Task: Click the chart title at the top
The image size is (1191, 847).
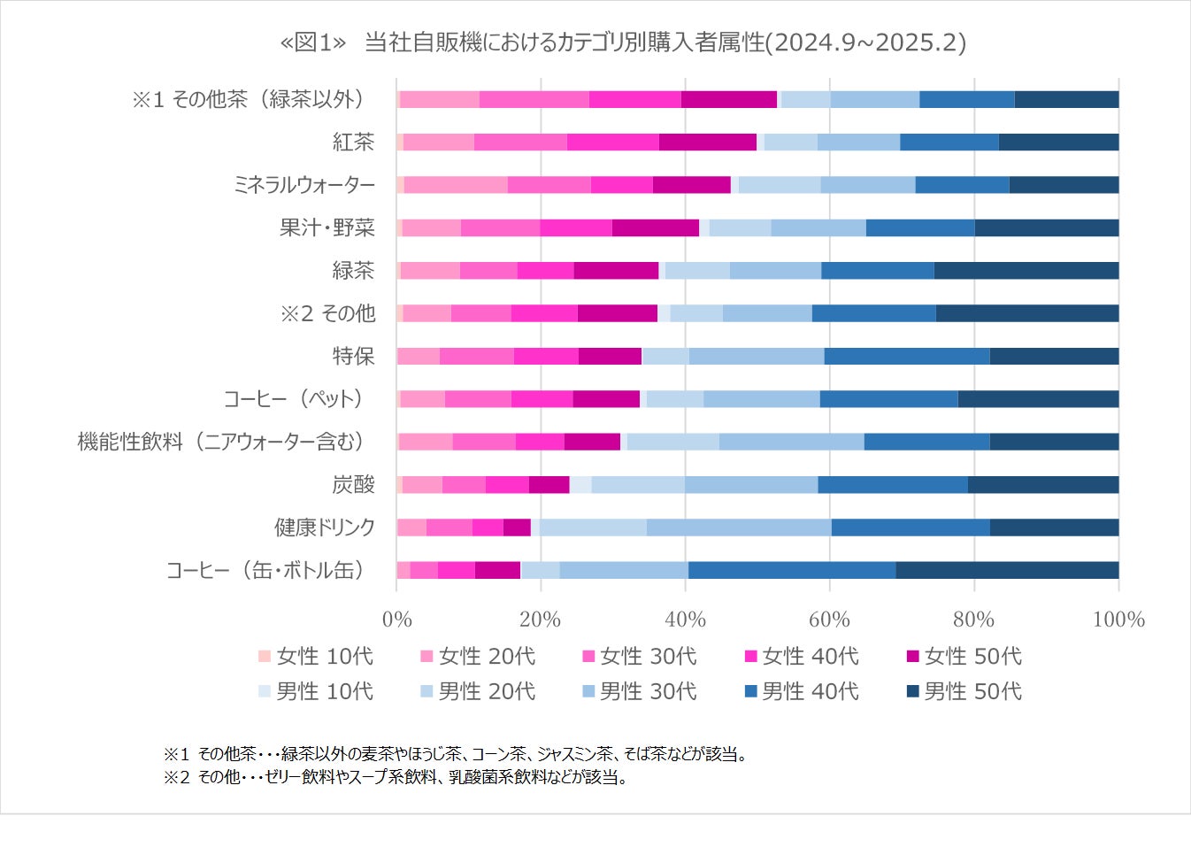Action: pyautogui.click(x=622, y=42)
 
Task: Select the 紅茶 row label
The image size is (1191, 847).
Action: pyautogui.click(x=353, y=142)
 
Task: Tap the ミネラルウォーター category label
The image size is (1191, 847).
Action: pyautogui.click(x=304, y=185)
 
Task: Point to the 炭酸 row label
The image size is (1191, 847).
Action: pyautogui.click(x=353, y=484)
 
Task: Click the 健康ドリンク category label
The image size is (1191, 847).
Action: pyautogui.click(x=325, y=527)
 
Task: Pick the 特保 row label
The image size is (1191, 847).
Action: pyautogui.click(x=353, y=356)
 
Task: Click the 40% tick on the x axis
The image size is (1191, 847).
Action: pyautogui.click(x=685, y=619)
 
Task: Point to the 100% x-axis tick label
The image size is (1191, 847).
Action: pyautogui.click(x=1118, y=619)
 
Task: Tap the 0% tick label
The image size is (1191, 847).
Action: pyautogui.click(x=397, y=619)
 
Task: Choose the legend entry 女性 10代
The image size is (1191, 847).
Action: pyautogui.click(x=316, y=656)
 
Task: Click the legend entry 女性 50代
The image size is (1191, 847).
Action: pyautogui.click(x=964, y=656)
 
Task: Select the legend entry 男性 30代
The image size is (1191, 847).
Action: pyautogui.click(x=640, y=691)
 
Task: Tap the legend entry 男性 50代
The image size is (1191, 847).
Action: pyautogui.click(x=964, y=691)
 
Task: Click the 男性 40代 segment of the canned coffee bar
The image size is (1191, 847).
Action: pyautogui.click(x=792, y=570)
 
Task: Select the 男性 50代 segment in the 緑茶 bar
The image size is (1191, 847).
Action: pyautogui.click(x=1026, y=271)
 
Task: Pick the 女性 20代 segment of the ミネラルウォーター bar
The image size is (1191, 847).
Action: pyautogui.click(x=456, y=185)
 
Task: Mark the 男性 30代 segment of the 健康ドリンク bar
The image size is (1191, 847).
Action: pyautogui.click(x=739, y=527)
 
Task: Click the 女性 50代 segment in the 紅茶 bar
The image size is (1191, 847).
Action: pyautogui.click(x=708, y=142)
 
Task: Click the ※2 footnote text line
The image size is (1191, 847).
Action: pyautogui.click(x=396, y=777)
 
